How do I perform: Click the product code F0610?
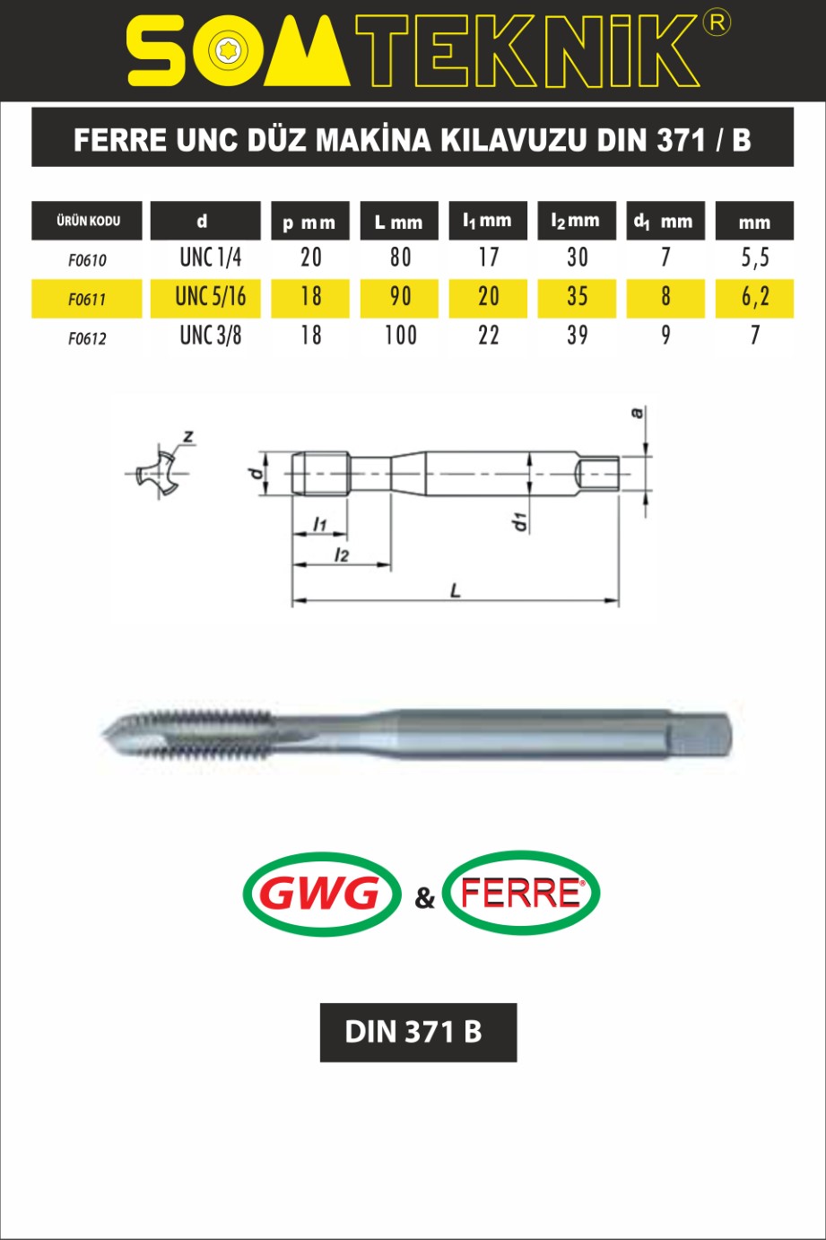click(87, 260)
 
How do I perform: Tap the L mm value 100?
click(401, 336)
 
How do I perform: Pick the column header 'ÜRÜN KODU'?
click(88, 221)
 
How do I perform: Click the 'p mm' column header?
click(309, 223)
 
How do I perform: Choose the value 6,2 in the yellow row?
click(755, 297)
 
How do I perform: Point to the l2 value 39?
click(577, 336)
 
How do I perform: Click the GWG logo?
click(321, 894)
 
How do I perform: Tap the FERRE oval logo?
click(521, 893)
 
